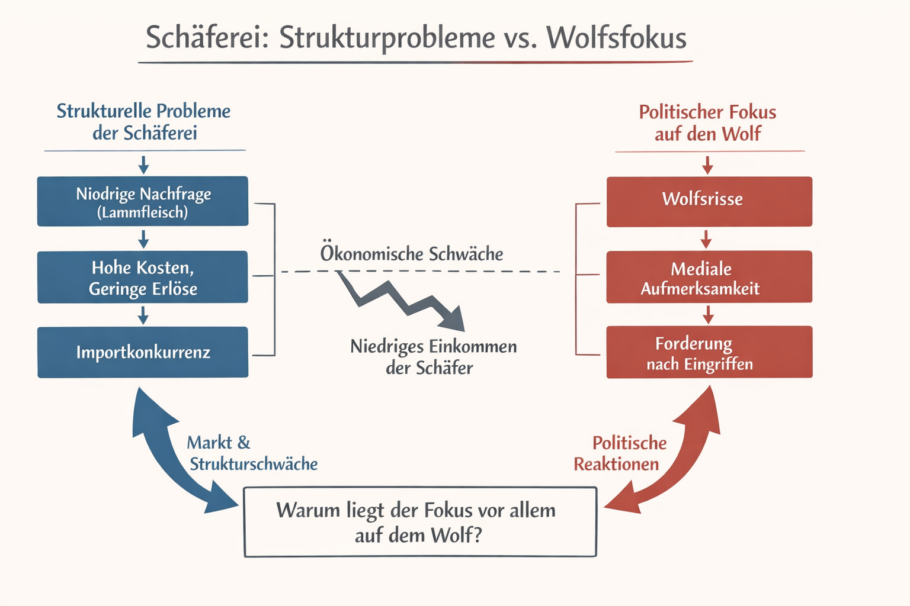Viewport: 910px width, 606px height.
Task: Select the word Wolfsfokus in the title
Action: [616, 37]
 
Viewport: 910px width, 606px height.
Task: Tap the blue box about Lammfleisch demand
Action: [143, 201]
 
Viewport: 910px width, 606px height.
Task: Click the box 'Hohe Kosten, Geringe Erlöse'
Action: [143, 277]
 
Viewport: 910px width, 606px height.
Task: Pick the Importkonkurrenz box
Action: [143, 352]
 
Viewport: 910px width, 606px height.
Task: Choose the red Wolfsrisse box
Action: [709, 201]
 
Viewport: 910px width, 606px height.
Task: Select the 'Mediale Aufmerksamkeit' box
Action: [709, 277]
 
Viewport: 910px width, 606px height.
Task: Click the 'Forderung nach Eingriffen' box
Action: [709, 352]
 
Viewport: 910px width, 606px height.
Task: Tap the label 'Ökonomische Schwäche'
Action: [412, 254]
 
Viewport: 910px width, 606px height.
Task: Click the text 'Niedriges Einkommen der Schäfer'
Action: [432, 356]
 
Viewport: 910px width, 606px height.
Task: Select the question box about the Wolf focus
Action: [420, 522]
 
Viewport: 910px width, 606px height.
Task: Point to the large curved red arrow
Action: [681, 456]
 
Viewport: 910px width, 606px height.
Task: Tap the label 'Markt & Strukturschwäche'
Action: [252, 453]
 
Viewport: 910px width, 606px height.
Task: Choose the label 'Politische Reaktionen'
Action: [619, 453]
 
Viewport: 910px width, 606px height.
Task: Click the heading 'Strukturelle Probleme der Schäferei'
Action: [144, 121]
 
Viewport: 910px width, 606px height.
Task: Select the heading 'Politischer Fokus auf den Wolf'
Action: [707, 123]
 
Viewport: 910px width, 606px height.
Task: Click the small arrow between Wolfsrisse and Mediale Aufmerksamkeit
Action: [706, 239]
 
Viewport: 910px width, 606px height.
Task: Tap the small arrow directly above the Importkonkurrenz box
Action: [143, 315]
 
